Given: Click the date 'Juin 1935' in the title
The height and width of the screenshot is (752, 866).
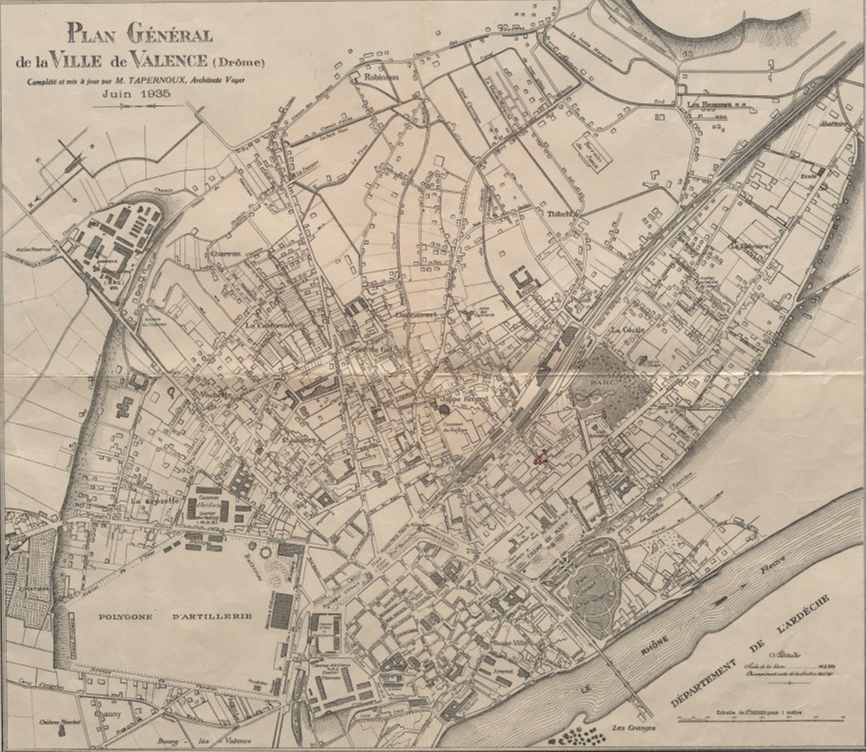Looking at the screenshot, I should pos(136,94).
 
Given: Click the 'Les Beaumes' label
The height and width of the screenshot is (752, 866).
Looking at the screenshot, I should pos(709,104).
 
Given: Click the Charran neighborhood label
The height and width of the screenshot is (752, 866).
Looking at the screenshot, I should pos(225,254).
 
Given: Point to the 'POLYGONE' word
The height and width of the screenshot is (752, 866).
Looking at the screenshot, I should pos(126,616).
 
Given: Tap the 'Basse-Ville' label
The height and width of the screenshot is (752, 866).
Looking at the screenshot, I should pos(509,643).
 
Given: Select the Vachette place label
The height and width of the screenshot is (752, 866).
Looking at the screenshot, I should pos(215,395).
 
